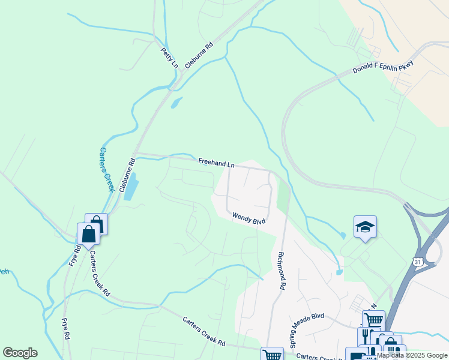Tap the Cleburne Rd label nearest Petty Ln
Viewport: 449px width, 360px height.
tap(199, 55)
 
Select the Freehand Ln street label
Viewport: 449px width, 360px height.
tap(217, 163)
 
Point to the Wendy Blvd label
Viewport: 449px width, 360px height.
tap(249, 218)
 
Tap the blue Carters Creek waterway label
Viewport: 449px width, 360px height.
tap(106, 170)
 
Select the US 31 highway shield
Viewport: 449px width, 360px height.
tap(417, 262)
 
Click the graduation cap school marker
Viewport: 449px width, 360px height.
tap(365, 226)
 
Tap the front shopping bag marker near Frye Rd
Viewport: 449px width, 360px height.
tap(88, 233)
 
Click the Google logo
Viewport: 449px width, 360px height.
tap(20, 353)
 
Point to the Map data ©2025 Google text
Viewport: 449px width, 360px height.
tap(412, 355)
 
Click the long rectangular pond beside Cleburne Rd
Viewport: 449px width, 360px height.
tap(131, 187)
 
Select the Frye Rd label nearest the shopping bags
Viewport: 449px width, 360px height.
tap(75, 256)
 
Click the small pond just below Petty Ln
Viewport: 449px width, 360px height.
tap(175, 103)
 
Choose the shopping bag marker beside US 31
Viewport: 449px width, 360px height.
tap(390, 345)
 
